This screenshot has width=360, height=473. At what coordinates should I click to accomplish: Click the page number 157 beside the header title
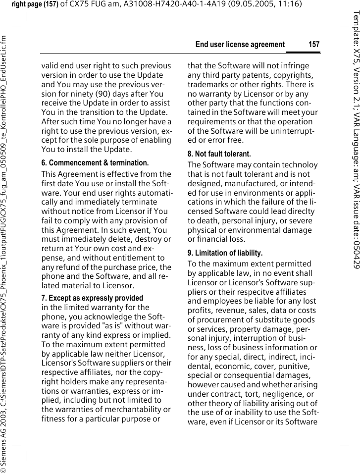pos(314,45)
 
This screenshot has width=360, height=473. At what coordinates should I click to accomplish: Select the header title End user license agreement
pos(240,45)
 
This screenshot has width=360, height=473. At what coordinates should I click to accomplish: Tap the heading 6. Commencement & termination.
pos(95,163)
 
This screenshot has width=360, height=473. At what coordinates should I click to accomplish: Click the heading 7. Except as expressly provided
pos(92,298)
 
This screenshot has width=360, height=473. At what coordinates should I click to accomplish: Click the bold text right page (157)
pos(34,4)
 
